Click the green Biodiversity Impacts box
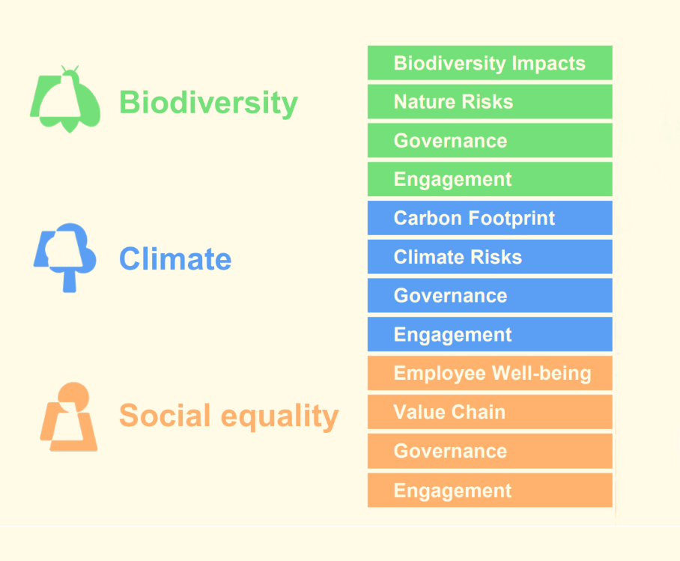click(x=490, y=63)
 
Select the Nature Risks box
click(x=490, y=102)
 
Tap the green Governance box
click(x=490, y=140)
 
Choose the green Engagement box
click(x=490, y=179)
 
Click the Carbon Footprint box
click(x=490, y=218)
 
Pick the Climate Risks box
click(x=490, y=256)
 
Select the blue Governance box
click(x=490, y=295)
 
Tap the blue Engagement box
click(x=490, y=334)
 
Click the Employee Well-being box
click(x=490, y=373)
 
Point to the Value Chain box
click(x=490, y=412)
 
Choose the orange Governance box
click(x=490, y=451)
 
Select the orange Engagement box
click(x=490, y=491)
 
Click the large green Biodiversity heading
click(x=209, y=103)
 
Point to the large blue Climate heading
click(x=175, y=258)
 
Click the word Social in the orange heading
click(x=165, y=415)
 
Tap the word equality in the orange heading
click(x=280, y=416)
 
